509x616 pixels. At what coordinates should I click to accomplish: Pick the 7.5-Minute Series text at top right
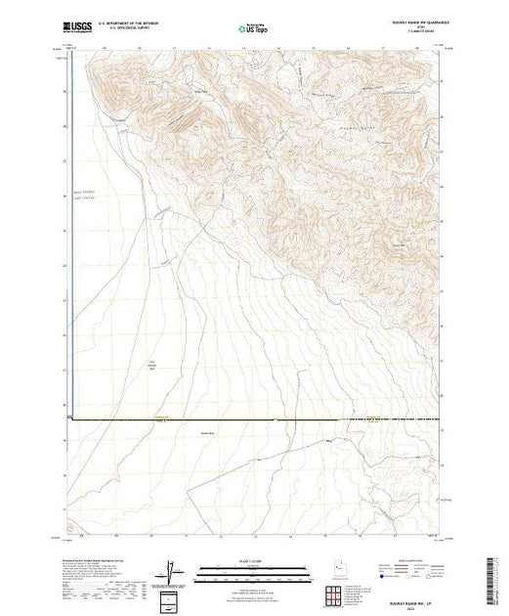tap(414, 34)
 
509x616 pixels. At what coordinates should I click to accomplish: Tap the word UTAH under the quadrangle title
tap(414, 29)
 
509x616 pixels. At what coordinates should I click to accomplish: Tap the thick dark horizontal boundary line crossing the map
tap(254, 419)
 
